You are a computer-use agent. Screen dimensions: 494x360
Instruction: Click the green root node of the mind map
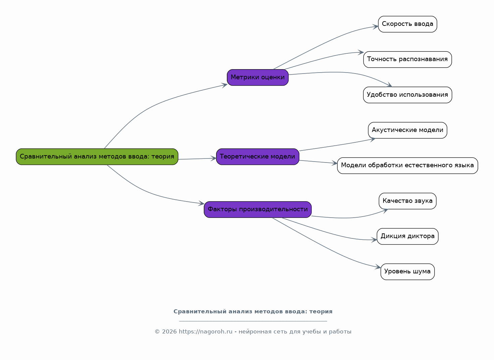pyautogui.click(x=97, y=157)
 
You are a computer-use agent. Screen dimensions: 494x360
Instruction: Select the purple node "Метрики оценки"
pyautogui.click(x=258, y=78)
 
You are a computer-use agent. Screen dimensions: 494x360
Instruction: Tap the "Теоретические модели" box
pyautogui.click(x=258, y=157)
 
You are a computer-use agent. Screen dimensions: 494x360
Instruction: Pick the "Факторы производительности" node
pyautogui.click(x=258, y=210)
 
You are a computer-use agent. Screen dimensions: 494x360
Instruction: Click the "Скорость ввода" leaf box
pyautogui.click(x=407, y=24)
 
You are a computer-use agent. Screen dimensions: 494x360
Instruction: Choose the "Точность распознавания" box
pyautogui.click(x=407, y=59)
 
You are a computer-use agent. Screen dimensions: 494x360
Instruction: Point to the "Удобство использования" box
pyautogui.click(x=407, y=95)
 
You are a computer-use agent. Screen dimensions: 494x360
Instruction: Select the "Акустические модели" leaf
pyautogui.click(x=407, y=130)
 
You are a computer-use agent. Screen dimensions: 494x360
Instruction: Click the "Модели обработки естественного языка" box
pyautogui.click(x=407, y=166)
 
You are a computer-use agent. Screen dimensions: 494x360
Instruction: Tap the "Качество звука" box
pyautogui.click(x=407, y=201)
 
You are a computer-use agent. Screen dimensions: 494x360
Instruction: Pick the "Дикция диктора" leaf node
pyautogui.click(x=407, y=236)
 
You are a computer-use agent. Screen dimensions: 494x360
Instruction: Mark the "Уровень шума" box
pyautogui.click(x=407, y=272)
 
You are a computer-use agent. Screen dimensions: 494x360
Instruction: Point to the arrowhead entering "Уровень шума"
pyautogui.click(x=378, y=267)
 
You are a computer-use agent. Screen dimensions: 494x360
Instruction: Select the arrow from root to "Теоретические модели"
pyautogui.click(x=197, y=159)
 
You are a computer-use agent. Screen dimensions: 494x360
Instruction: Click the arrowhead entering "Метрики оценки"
pyautogui.click(x=225, y=85)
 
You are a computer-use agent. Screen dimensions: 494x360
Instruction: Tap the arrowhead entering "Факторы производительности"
pyautogui.click(x=201, y=203)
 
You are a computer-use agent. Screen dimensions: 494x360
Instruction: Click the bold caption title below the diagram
pyautogui.click(x=253, y=311)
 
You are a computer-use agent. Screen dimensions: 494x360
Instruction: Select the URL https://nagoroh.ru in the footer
pyautogui.click(x=205, y=331)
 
